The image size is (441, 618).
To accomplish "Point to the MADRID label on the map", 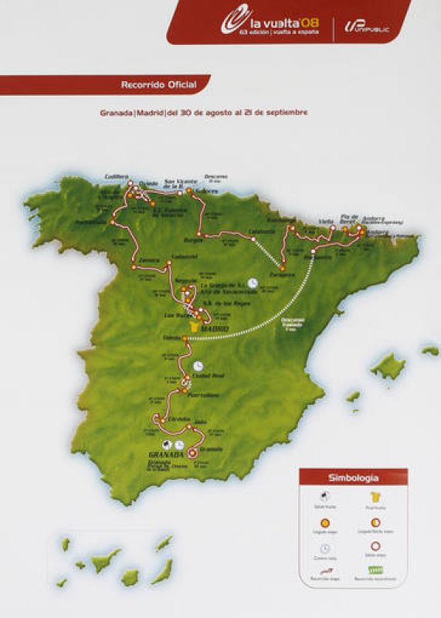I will pyautogui.click(x=215, y=330).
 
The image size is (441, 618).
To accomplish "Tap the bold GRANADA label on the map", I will pyautogui.click(x=164, y=455).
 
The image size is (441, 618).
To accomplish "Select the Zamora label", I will pyautogui.click(x=150, y=260).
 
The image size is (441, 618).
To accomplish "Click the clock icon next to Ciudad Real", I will pyautogui.click(x=198, y=365).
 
